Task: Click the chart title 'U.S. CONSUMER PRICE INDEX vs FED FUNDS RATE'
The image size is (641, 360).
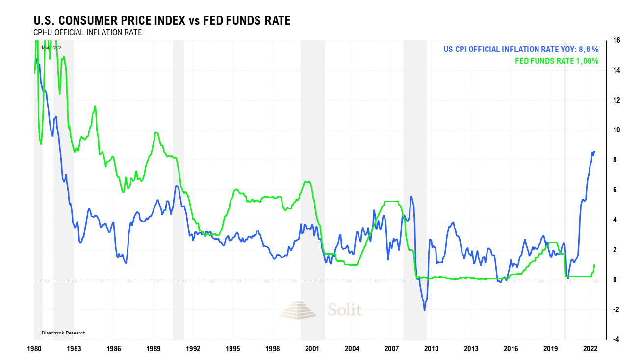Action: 161,21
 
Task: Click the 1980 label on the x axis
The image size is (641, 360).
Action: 34,349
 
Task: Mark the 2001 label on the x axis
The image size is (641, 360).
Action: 312,349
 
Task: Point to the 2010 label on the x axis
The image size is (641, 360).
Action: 432,349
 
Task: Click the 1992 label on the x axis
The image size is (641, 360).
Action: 193,349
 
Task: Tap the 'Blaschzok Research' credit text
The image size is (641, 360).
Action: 63,333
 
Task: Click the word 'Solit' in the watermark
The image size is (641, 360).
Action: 344,310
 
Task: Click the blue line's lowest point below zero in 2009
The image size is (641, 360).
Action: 424,310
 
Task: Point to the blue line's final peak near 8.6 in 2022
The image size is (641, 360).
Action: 594,151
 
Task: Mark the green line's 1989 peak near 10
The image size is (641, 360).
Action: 155,132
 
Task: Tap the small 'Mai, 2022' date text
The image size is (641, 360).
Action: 51,47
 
